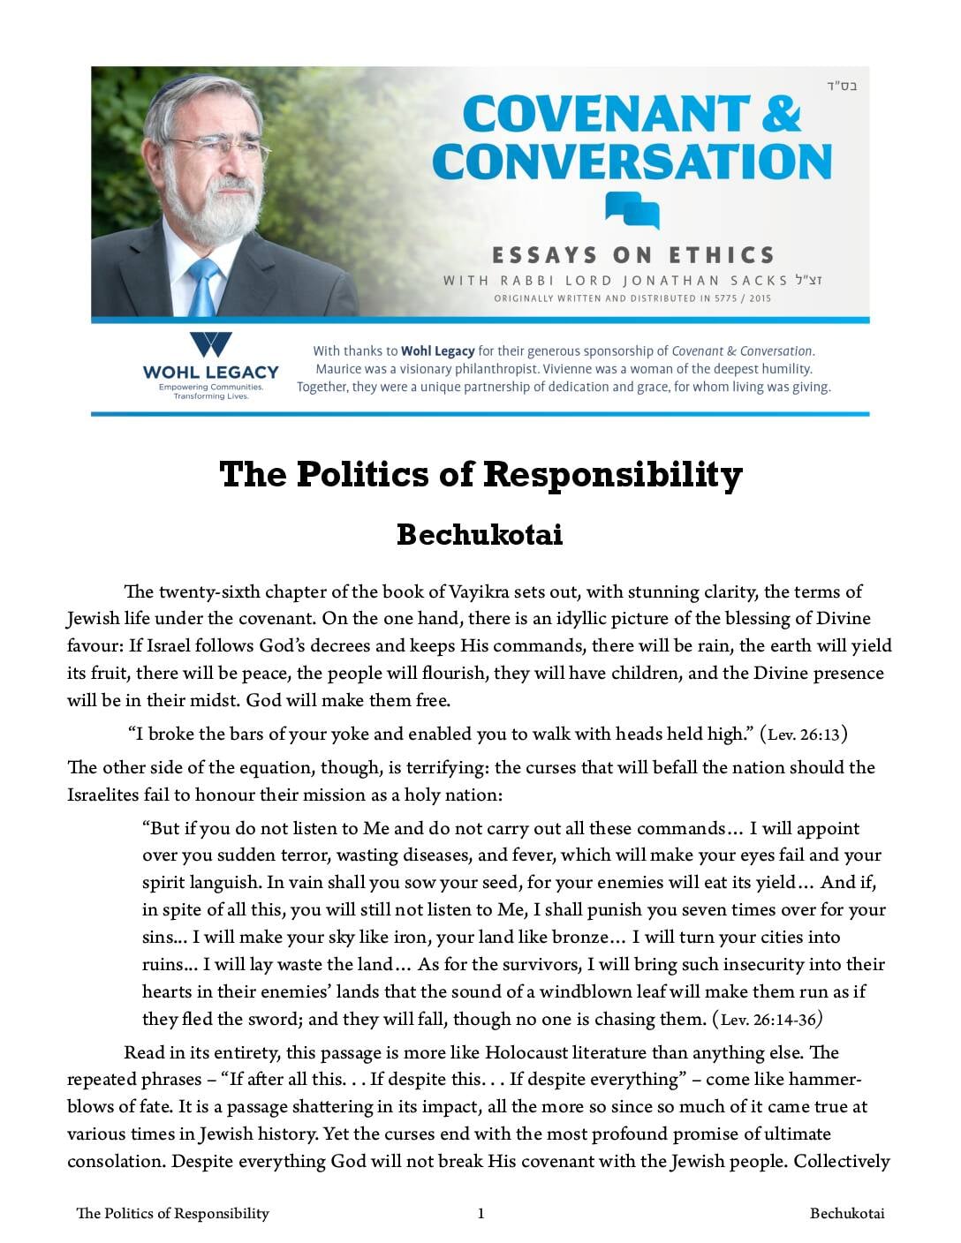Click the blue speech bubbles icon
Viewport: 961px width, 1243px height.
click(x=632, y=210)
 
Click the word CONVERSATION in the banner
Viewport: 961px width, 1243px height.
click(x=632, y=162)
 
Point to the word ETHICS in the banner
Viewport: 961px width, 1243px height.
click(x=722, y=256)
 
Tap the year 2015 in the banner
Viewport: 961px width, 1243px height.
click(x=758, y=298)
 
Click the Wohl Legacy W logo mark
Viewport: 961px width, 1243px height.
click(x=211, y=344)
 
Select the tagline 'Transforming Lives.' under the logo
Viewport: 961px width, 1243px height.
click(x=211, y=396)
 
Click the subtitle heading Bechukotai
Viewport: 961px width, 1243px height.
click(x=480, y=535)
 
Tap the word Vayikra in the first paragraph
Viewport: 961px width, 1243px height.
click(x=478, y=591)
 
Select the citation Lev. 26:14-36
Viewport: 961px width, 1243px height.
click(x=768, y=1020)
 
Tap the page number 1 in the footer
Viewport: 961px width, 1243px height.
click(x=480, y=1213)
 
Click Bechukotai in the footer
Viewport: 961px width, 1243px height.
click(x=846, y=1213)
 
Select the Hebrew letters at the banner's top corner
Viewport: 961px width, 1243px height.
click(x=842, y=87)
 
